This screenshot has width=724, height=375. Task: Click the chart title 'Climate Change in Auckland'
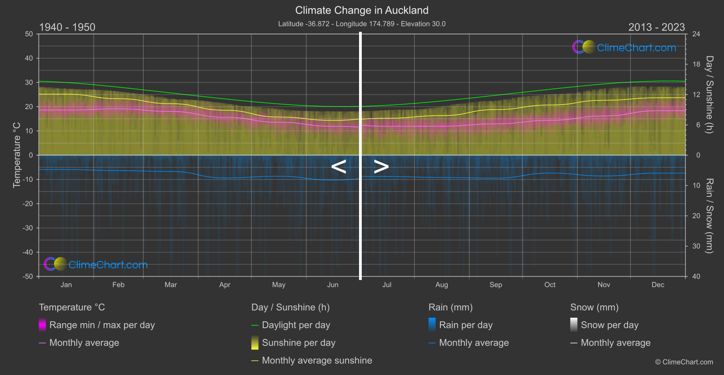[x=362, y=10]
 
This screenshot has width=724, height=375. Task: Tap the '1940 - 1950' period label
[x=67, y=27]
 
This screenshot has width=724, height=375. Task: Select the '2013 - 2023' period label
[x=656, y=27]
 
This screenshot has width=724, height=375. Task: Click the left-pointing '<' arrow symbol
[x=339, y=167]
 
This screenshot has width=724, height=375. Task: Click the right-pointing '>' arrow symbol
[x=381, y=167]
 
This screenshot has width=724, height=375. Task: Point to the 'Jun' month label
[x=333, y=285]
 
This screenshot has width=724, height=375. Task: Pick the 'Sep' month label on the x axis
[x=495, y=285]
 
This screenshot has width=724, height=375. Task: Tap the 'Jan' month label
[x=66, y=285]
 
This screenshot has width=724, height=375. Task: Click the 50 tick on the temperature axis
[x=29, y=34]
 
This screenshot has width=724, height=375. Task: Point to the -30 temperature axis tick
[x=28, y=228]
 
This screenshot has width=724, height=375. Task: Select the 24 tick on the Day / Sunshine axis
[x=696, y=34]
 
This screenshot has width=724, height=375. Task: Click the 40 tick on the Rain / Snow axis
[x=696, y=276]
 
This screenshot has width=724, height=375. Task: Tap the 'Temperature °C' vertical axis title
[x=17, y=155]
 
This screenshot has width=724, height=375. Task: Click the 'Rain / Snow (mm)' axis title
[x=709, y=216]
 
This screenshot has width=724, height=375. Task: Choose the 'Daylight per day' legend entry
[x=296, y=325]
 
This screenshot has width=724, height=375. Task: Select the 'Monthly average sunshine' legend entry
[x=317, y=360]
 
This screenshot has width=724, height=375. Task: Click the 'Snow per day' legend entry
[x=609, y=325]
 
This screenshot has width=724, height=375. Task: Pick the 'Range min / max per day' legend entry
[x=102, y=325]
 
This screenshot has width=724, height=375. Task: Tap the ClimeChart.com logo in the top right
[x=624, y=47]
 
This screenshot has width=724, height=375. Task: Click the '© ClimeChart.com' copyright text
[x=684, y=362]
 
